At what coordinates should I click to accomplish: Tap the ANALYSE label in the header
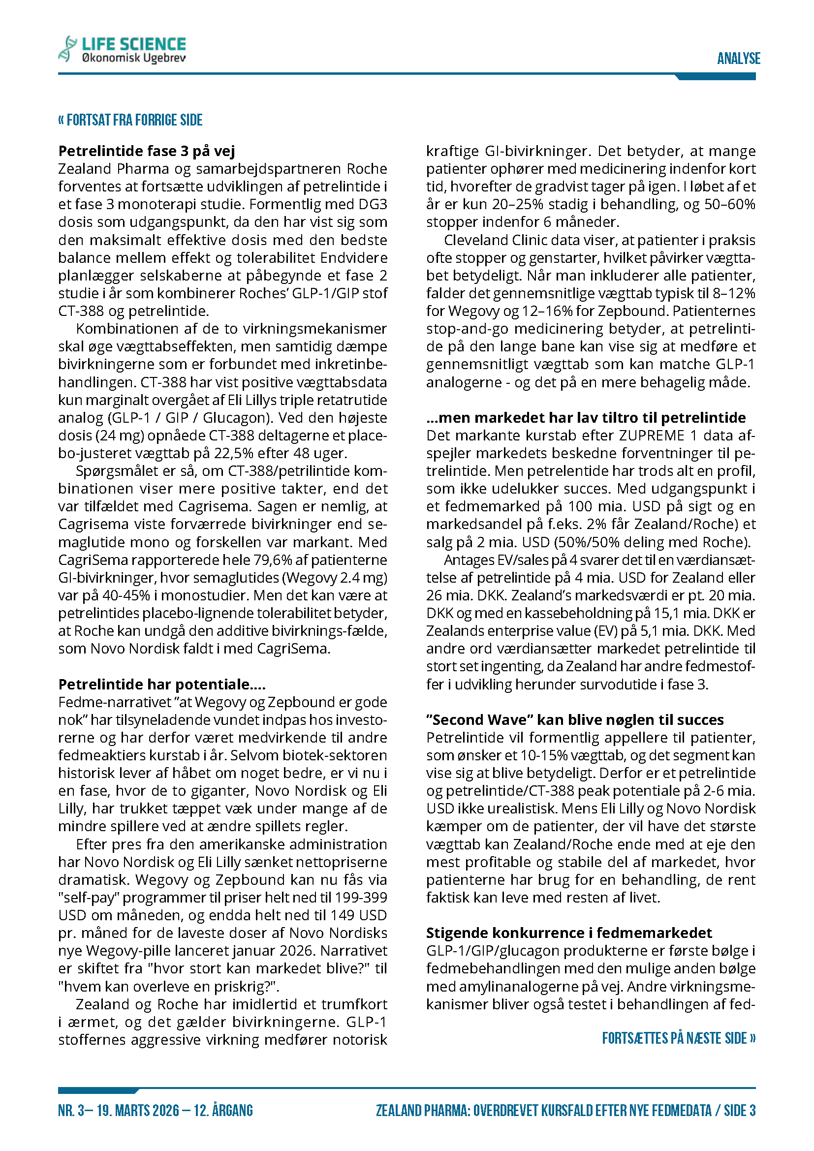click(x=738, y=59)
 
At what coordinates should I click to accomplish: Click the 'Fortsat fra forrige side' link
click(x=130, y=120)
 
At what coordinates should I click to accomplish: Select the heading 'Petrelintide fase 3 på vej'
click(x=146, y=151)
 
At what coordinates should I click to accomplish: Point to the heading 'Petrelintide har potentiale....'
click(x=161, y=684)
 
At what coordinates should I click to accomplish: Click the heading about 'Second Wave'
click(x=574, y=720)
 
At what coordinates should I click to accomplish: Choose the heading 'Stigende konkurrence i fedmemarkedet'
click(x=568, y=933)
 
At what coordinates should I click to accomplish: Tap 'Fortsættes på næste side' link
click(x=678, y=1038)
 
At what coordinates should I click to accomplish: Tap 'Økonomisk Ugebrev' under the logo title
click(x=133, y=58)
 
